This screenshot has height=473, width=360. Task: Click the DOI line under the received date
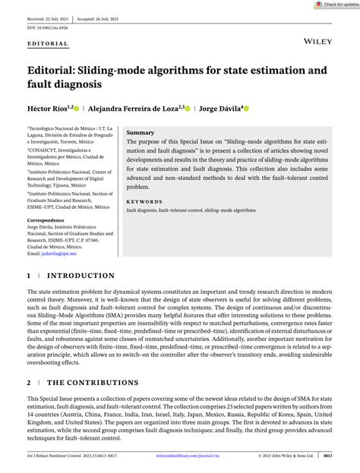tap(47, 27)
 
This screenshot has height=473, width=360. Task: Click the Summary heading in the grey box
tap(140, 132)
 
